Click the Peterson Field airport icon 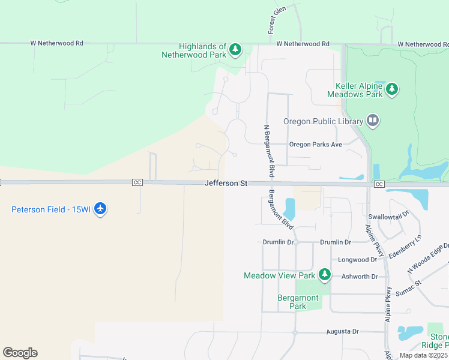[x=100, y=209]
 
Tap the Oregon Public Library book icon [x=373, y=121]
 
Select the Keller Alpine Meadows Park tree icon [x=392, y=89]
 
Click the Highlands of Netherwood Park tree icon [x=236, y=49]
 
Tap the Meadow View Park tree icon [x=325, y=275]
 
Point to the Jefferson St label [x=226, y=183]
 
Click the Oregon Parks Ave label [x=315, y=145]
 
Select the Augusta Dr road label [x=342, y=331]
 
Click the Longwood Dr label [x=357, y=260]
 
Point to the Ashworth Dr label [x=359, y=277]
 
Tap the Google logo [x=20, y=353]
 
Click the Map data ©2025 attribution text [x=423, y=355]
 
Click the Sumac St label [x=413, y=280]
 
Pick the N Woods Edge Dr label [x=429, y=259]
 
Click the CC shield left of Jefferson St [x=137, y=182]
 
